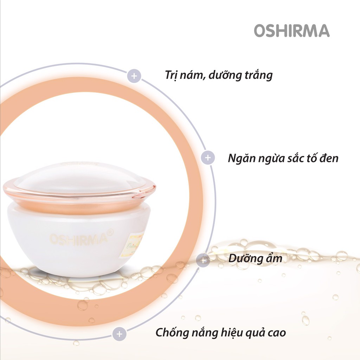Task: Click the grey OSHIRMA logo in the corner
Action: pyautogui.click(x=291, y=31)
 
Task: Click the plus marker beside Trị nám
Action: pyautogui.click(x=134, y=76)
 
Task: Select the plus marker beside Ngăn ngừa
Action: pyautogui.click(x=208, y=157)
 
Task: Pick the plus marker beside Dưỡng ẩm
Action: pyautogui.click(x=203, y=260)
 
